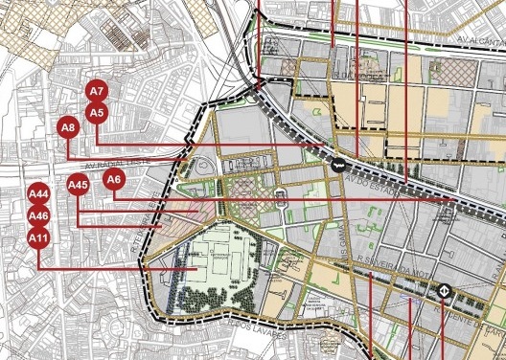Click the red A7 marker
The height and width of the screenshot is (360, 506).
pyautogui.click(x=97, y=92)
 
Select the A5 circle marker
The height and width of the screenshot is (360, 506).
pyautogui.click(x=96, y=113)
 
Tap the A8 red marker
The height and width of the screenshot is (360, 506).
pyautogui.click(x=68, y=127)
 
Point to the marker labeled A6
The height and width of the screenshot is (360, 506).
pyautogui.click(x=114, y=179)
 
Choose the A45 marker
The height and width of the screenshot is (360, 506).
pyautogui.click(x=79, y=185)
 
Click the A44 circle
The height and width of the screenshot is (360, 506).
pyautogui.click(x=39, y=193)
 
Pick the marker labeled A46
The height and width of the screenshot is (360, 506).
pyautogui.click(x=39, y=215)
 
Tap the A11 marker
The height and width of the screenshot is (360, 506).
pyautogui.click(x=39, y=237)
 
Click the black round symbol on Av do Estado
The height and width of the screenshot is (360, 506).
pyautogui.click(x=339, y=165)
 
